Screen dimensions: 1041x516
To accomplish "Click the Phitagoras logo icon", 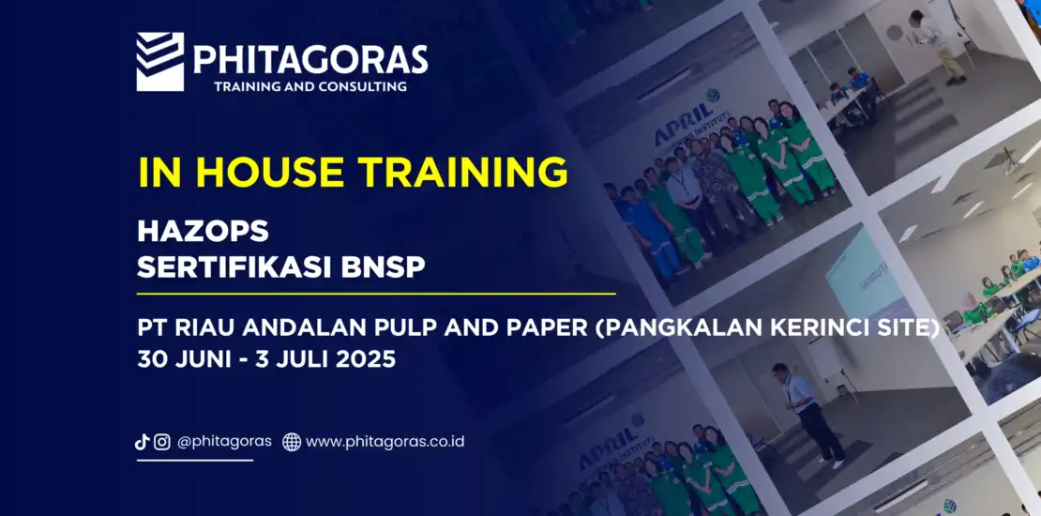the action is click(160, 62).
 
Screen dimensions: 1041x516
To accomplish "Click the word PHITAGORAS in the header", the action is click(310, 60).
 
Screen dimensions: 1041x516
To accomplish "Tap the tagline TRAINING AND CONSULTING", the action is click(310, 86).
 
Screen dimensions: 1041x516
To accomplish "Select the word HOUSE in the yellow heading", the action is click(269, 172).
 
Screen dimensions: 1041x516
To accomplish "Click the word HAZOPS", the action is click(203, 231).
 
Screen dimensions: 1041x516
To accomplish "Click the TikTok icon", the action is click(142, 442).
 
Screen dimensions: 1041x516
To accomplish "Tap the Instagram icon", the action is click(162, 442).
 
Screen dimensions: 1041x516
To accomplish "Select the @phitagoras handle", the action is click(224, 442).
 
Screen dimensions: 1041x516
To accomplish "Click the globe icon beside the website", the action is click(292, 442).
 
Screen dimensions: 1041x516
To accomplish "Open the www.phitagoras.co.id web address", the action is click(385, 442).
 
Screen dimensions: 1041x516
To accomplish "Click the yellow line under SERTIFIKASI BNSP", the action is click(376, 293).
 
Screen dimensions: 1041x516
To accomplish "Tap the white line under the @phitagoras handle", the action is click(195, 461).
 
